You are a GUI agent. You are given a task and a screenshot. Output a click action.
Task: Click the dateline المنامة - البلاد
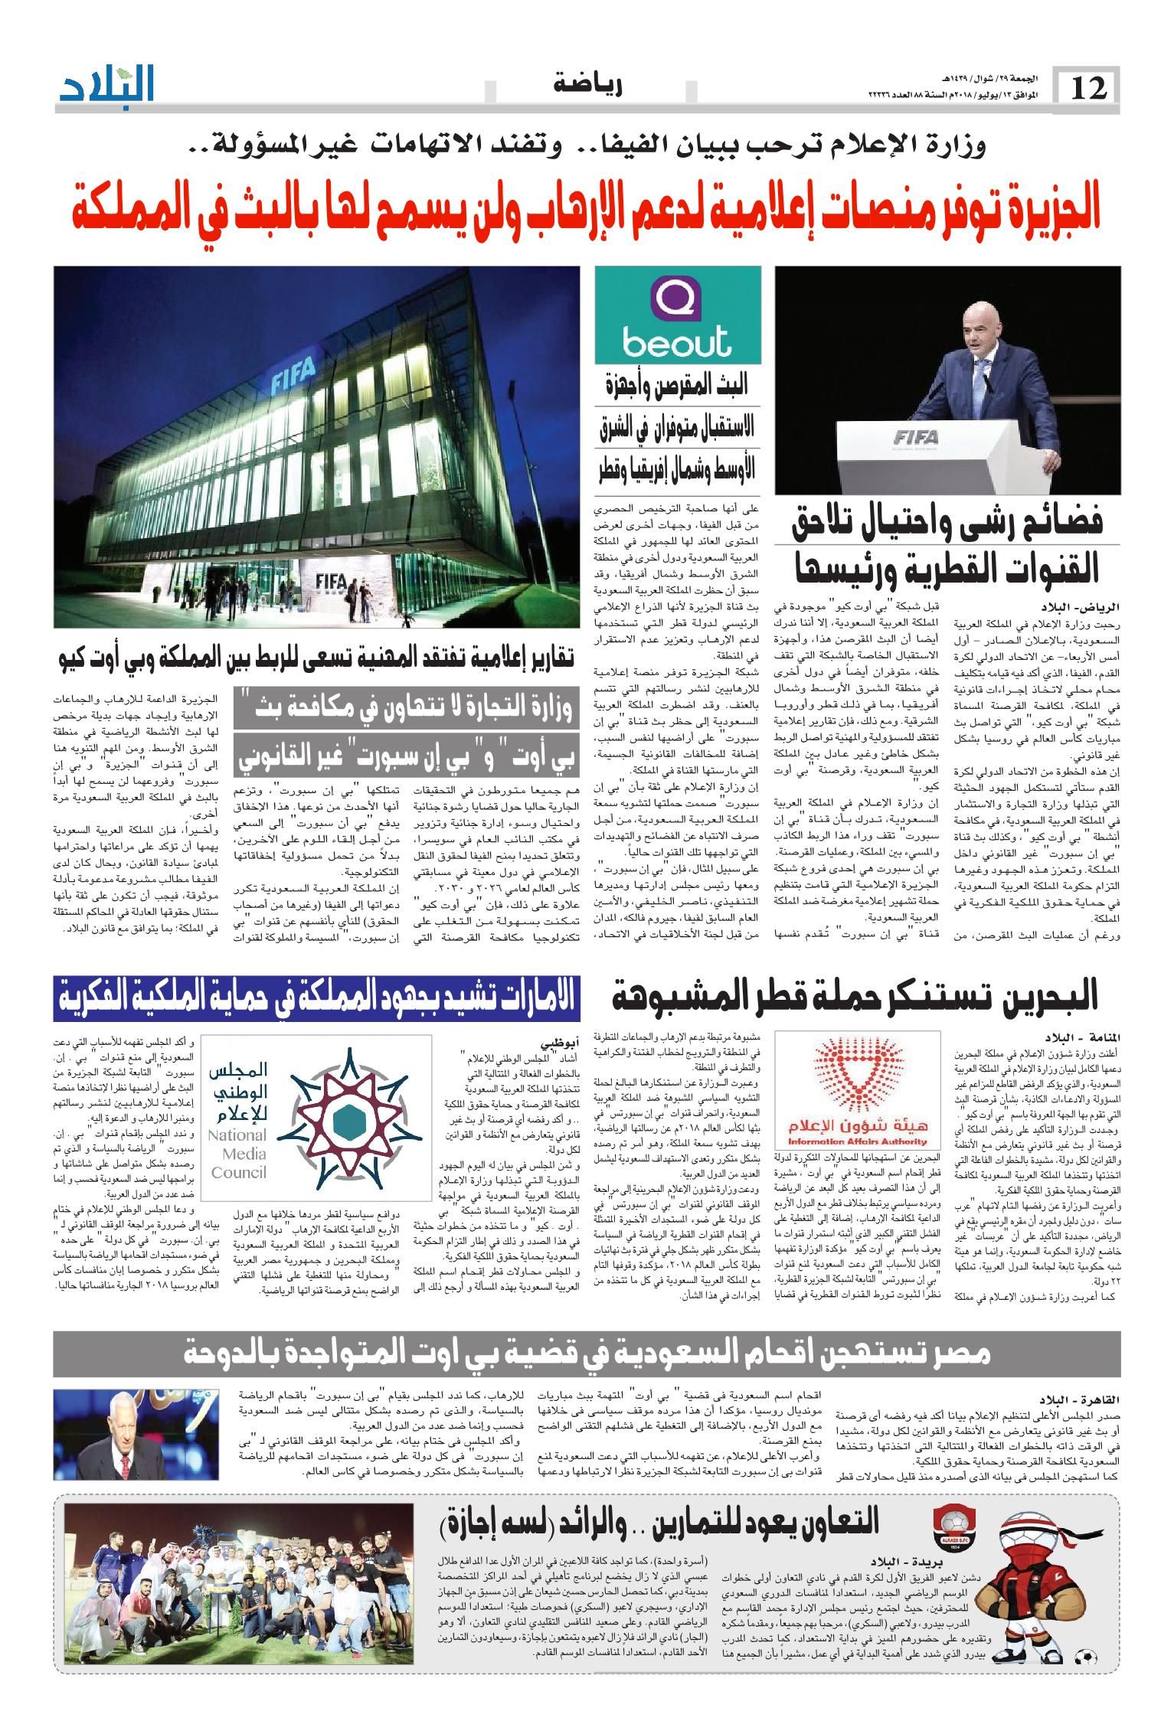pos(1084,1027)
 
